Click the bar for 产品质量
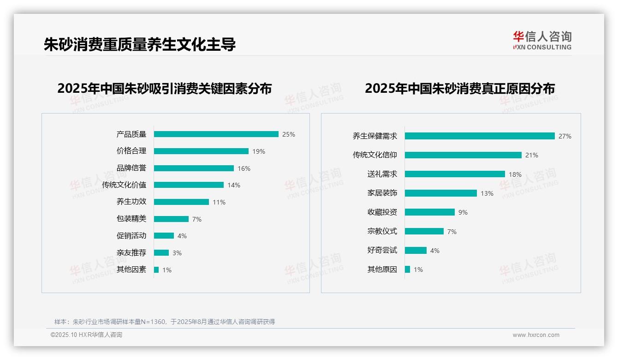coord(216,134)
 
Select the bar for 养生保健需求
coord(480,136)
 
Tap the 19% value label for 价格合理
coord(259,151)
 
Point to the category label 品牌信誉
coord(131,168)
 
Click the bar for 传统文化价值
coord(189,185)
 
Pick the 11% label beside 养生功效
coord(219,202)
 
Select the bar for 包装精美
coord(171,219)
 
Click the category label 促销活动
coord(131,236)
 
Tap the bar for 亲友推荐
coord(161,253)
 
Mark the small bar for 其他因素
coord(156,270)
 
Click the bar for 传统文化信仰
coord(463,155)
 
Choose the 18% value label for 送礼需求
coord(515,174)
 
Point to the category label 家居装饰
coord(382,193)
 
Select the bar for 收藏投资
coord(430,212)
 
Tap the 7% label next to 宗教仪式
coord(452,232)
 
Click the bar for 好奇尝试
coord(416,251)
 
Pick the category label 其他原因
coord(382,270)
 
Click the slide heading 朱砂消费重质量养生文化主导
coord(140,44)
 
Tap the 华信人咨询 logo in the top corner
coord(542,41)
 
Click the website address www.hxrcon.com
coord(536,335)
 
